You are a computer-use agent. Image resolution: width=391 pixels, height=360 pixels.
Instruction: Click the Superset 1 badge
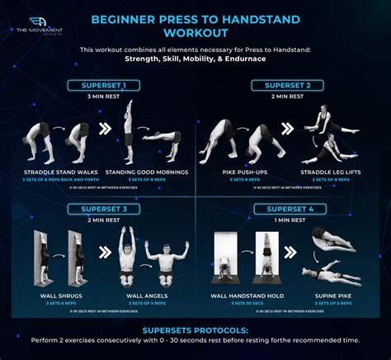[x=104, y=85]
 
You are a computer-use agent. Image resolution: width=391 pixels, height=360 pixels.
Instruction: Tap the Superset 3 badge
[x=104, y=209]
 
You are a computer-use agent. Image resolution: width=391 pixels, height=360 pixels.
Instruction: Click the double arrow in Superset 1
[x=106, y=130]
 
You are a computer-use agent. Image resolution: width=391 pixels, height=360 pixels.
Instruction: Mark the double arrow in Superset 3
[x=106, y=253]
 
